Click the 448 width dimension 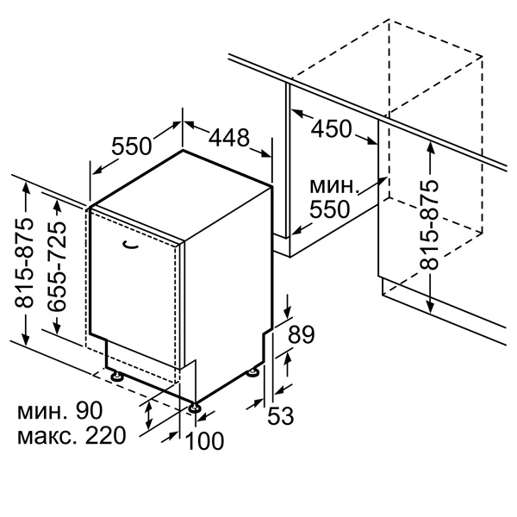[x=229, y=138]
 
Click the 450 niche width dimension [x=332, y=128]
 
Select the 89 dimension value [x=302, y=334]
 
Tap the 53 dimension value [x=280, y=415]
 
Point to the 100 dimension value [x=205, y=440]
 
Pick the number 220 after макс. [x=105, y=435]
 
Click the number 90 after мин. [x=90, y=410]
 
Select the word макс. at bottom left [x=48, y=436]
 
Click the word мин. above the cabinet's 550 [x=334, y=186]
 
